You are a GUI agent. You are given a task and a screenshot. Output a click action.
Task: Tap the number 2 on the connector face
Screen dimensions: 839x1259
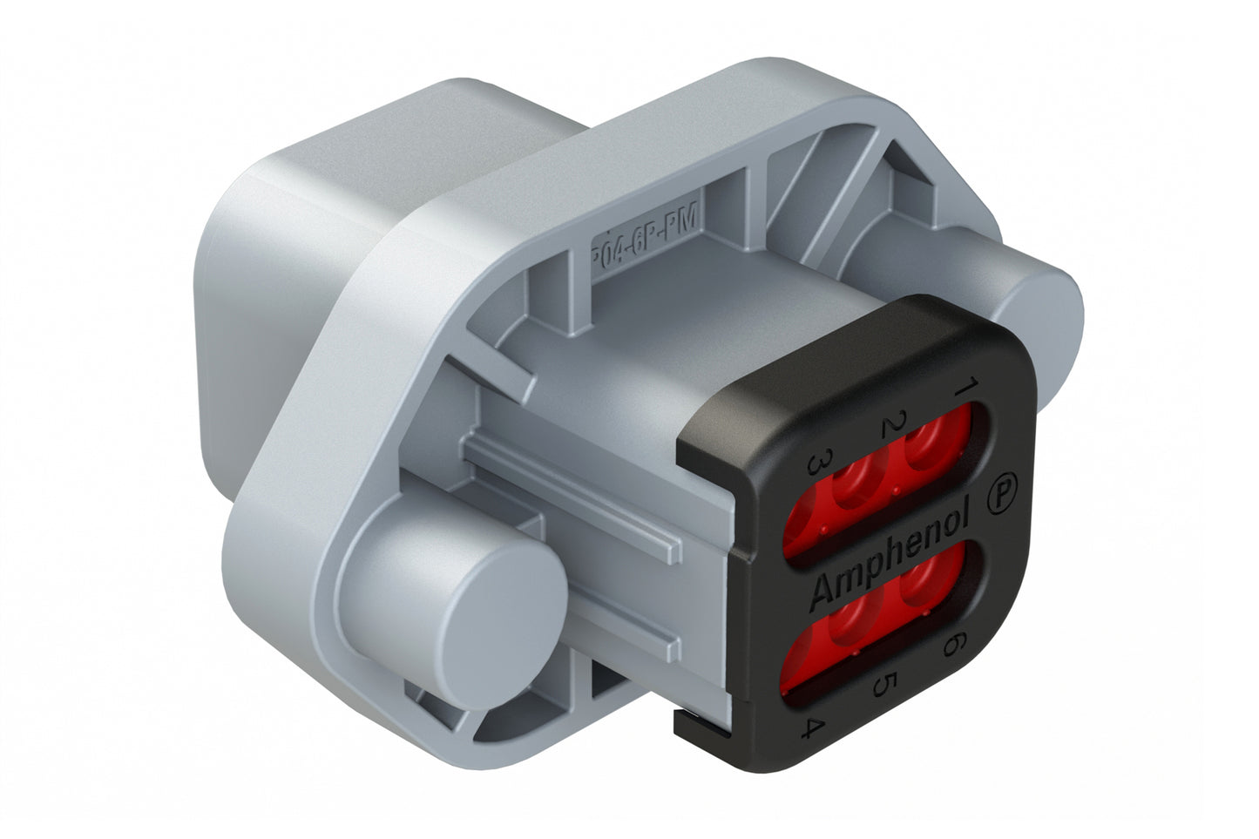tap(890, 427)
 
